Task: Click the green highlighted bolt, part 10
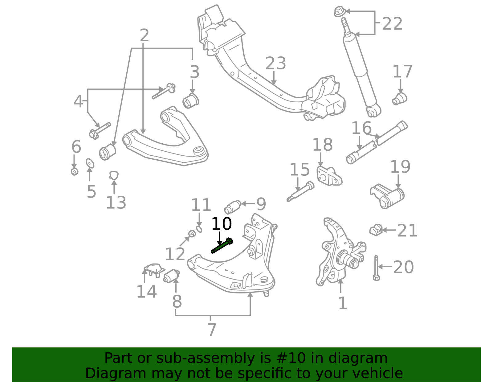pyautogui.click(x=222, y=246)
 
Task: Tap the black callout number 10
pyautogui.click(x=221, y=224)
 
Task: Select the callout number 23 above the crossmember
pyautogui.click(x=276, y=63)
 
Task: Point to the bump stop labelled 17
pyautogui.click(x=400, y=99)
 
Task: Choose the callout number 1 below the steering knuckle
pyautogui.click(x=343, y=303)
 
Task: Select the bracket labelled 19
pyautogui.click(x=387, y=196)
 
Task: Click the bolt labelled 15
pyautogui.click(x=300, y=191)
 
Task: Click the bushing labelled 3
pyautogui.click(x=191, y=100)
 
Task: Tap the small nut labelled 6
pyautogui.click(x=74, y=171)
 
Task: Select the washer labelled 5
pyautogui.click(x=90, y=163)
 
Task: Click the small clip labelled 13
pyautogui.click(x=114, y=175)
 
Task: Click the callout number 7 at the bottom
pyautogui.click(x=212, y=330)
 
